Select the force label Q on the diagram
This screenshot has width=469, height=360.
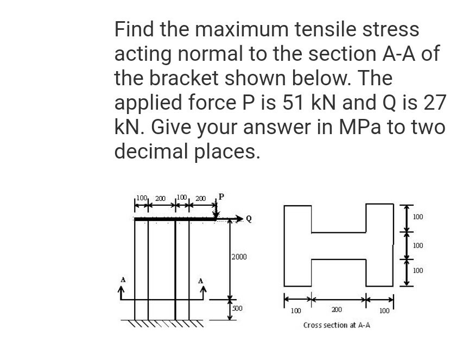[x=249, y=219]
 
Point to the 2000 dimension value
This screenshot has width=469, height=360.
[x=239, y=256]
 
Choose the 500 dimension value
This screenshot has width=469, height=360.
[x=237, y=308]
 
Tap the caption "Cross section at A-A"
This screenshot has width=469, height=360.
[x=337, y=325]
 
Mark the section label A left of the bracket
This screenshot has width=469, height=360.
[x=123, y=280]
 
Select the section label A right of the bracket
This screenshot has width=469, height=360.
[x=201, y=281]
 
